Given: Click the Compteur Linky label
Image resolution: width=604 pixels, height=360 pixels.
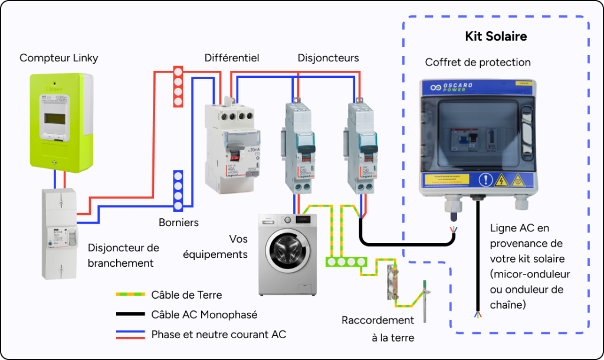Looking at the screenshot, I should [x=59, y=58].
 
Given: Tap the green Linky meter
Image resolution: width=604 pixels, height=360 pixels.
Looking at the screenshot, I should [x=62, y=121].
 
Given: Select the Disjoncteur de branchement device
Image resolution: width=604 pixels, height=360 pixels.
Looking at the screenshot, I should [x=59, y=233].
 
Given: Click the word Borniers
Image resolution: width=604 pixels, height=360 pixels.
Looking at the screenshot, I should [x=179, y=222].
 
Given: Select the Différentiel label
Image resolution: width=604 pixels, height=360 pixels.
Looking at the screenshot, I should [x=232, y=58].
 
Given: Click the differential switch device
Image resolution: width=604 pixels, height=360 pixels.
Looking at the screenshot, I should [x=232, y=148].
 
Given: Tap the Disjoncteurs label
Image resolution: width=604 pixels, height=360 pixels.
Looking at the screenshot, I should [x=328, y=58].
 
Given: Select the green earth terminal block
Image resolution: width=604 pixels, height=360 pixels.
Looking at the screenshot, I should [x=346, y=260].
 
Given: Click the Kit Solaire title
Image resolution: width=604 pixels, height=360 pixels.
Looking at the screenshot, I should [x=495, y=37].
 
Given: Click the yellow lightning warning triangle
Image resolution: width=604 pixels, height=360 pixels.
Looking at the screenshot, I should [x=502, y=180].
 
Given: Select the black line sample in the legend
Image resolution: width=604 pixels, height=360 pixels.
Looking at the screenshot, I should [x=130, y=315].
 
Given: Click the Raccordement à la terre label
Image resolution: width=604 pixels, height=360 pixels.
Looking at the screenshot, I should [x=377, y=329].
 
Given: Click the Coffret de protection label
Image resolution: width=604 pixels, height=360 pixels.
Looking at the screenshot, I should [x=478, y=62].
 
